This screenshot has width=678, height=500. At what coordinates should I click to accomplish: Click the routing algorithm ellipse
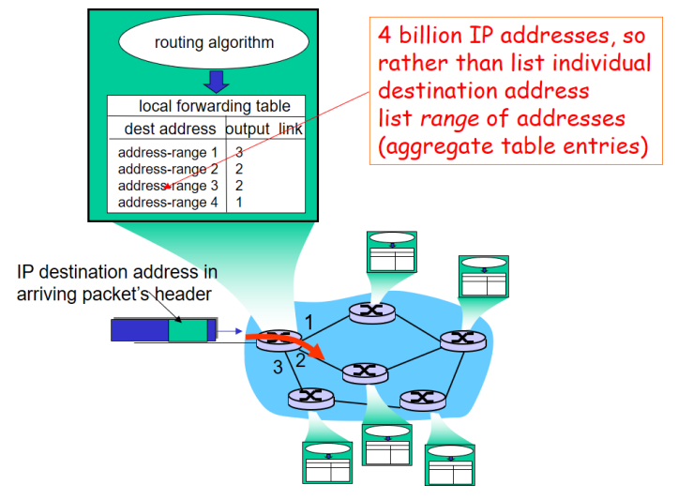coord(214,42)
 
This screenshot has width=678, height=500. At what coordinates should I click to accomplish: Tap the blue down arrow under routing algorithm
coord(216,82)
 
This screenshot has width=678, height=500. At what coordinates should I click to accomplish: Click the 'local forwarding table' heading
coord(215,107)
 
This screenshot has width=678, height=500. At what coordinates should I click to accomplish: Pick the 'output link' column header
coord(264,129)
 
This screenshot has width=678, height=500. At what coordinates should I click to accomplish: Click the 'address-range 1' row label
coord(168,152)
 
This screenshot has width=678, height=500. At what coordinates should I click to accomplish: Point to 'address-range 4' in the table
coord(168,202)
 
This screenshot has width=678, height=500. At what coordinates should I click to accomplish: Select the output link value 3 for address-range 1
coord(239,152)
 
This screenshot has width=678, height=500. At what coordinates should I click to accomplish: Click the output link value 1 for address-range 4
coord(239,202)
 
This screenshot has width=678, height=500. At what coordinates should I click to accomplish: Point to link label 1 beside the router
coord(309,323)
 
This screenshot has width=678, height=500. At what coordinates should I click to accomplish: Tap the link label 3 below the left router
coord(278,368)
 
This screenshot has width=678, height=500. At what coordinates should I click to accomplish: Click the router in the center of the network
coord(365,372)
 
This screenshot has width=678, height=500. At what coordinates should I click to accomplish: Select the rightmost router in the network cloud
coord(461,340)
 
